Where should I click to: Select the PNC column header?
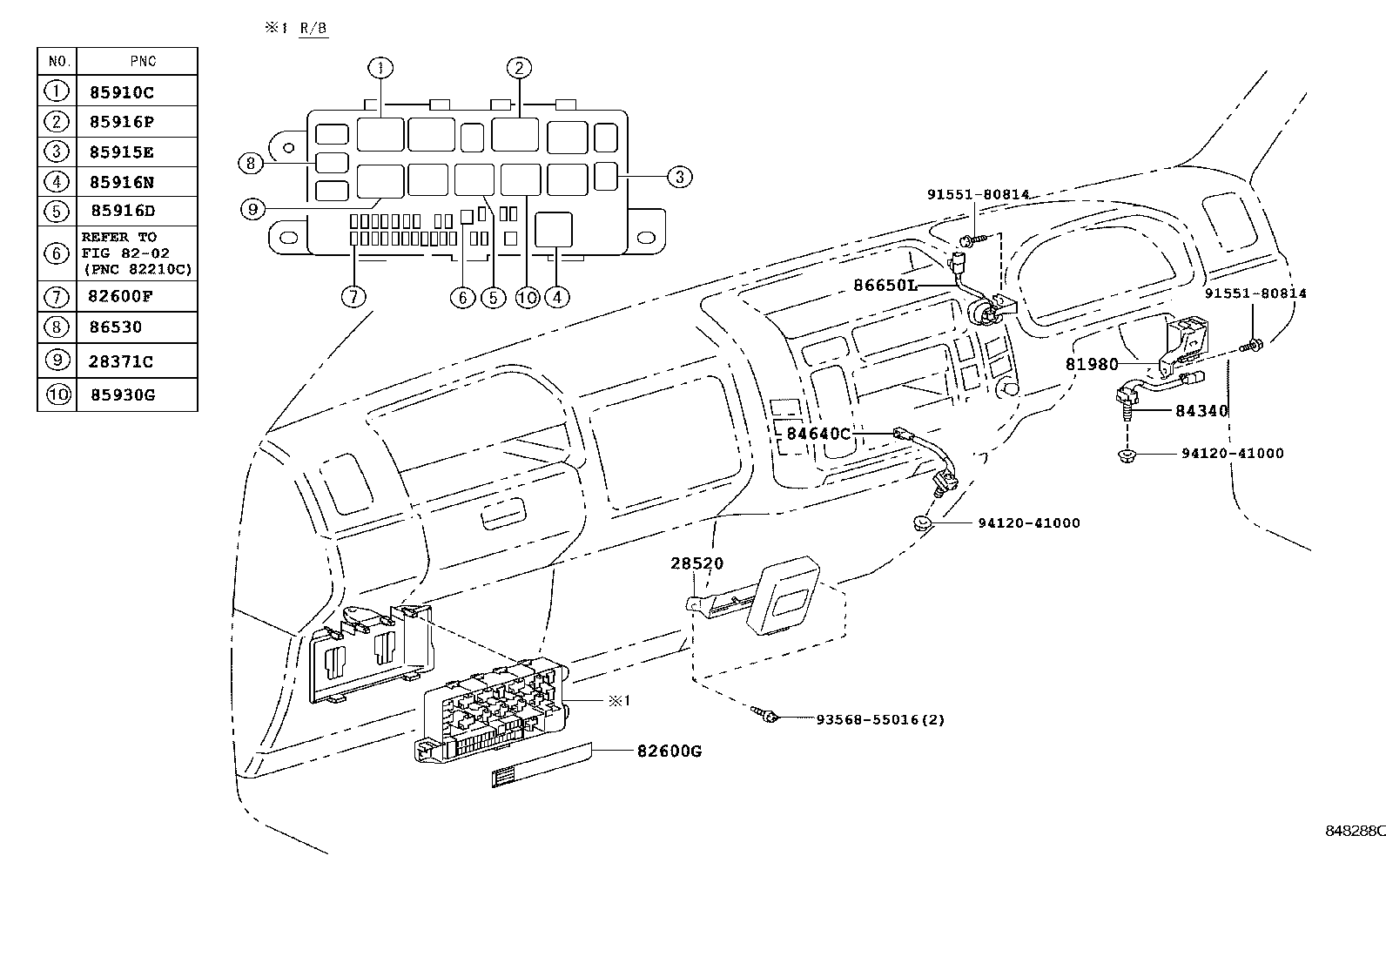point(143,61)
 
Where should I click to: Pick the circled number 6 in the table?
point(57,253)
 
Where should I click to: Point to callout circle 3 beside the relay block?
point(679,177)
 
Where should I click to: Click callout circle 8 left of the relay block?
point(251,164)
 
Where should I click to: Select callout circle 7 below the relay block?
point(353,298)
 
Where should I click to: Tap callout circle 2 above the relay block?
point(519,67)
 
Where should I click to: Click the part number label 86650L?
point(885,285)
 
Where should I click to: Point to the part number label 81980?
point(1092,364)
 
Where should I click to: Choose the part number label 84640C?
point(818,434)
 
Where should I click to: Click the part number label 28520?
point(696,563)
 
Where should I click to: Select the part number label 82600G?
point(669,751)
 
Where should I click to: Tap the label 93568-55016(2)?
point(880,719)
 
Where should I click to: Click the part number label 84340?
point(1201,410)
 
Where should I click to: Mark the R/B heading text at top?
point(313,28)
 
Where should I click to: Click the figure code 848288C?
point(1355,831)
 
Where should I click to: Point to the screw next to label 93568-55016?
point(764,714)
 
